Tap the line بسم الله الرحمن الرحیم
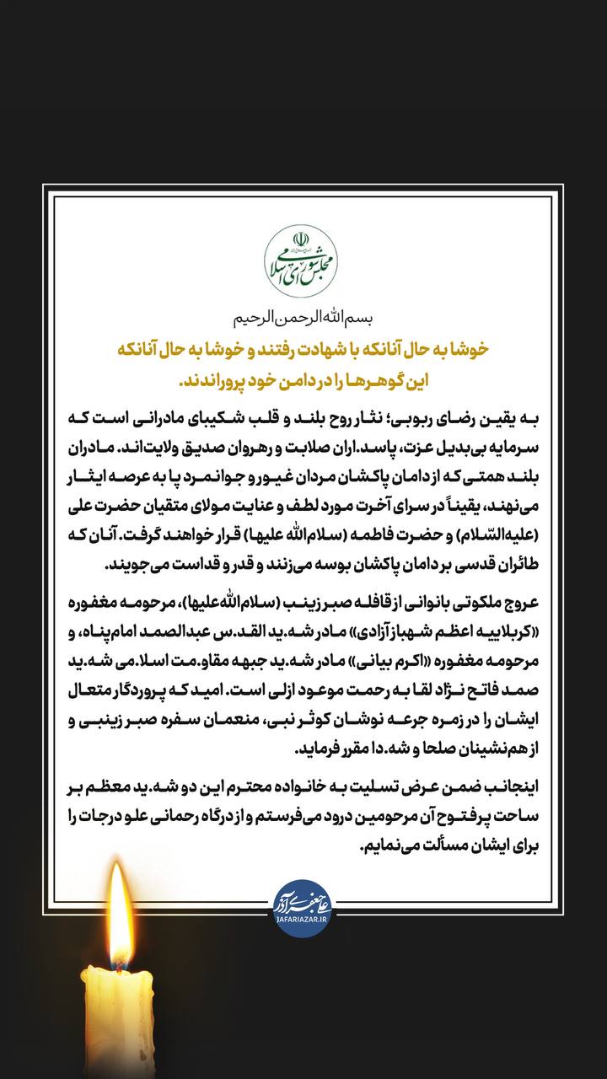point(303,319)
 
